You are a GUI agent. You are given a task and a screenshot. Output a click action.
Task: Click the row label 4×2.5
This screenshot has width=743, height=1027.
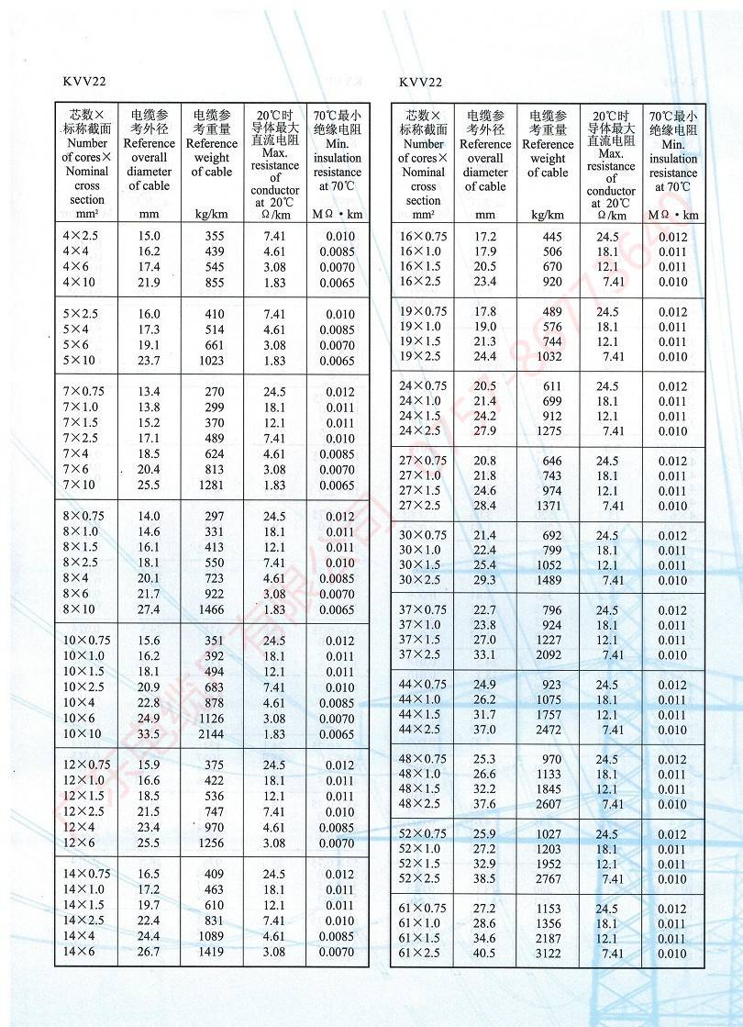(x=80, y=237)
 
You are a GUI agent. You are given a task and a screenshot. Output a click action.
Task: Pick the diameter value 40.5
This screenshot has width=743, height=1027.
(x=484, y=954)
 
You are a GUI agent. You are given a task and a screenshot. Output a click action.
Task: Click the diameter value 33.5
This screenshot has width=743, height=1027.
(x=150, y=735)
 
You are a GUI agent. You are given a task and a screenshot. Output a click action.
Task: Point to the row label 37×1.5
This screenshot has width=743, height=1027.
(x=422, y=640)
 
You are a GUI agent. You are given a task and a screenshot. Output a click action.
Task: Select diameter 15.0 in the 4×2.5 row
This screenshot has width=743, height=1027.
(x=150, y=237)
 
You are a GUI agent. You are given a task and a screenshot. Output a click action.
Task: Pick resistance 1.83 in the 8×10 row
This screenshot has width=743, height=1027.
(x=274, y=609)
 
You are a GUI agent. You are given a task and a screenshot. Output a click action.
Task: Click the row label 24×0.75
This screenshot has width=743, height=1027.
(x=424, y=386)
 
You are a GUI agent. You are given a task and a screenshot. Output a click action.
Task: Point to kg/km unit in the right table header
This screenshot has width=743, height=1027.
(x=548, y=216)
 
